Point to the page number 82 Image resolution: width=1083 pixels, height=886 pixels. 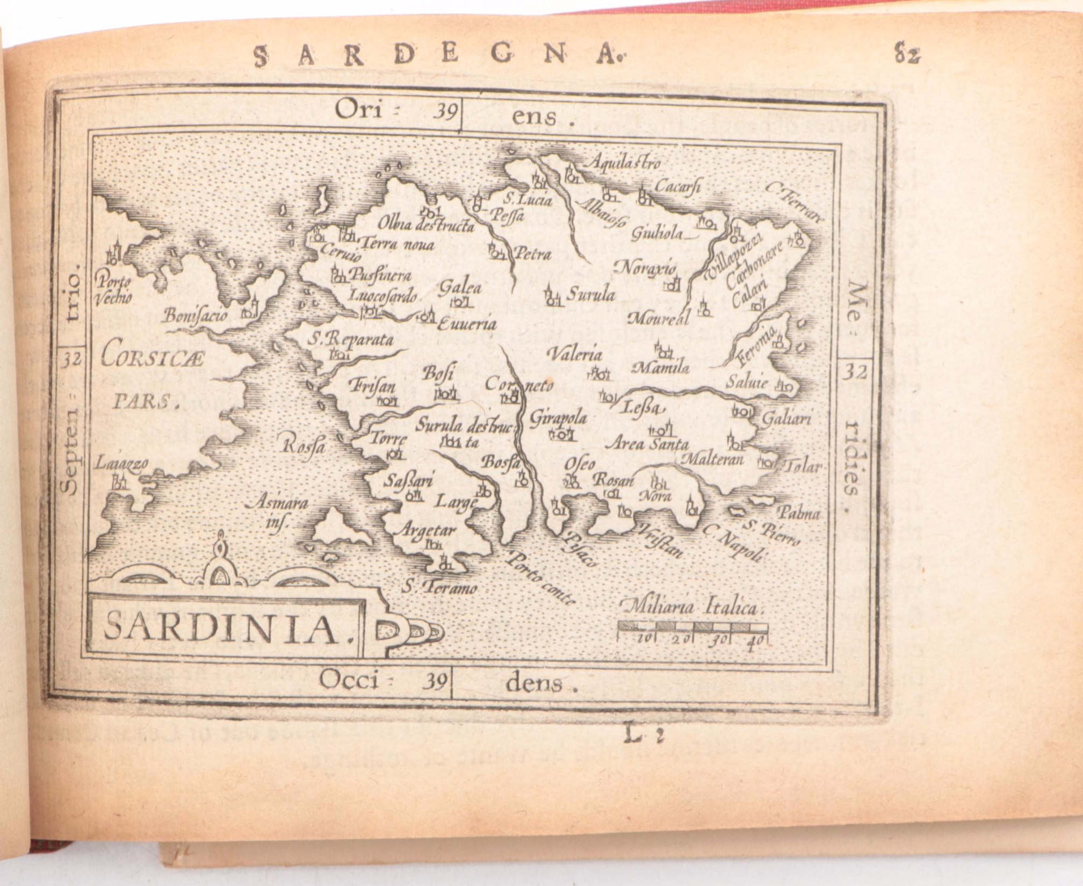click(x=907, y=55)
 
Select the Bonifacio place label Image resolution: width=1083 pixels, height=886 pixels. click(x=196, y=315)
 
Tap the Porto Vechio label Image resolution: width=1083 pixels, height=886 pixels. click(x=114, y=290)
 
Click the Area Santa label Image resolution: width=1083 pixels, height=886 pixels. click(x=647, y=444)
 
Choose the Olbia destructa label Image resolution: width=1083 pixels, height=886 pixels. click(x=425, y=224)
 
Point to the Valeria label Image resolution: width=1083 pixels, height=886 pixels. click(x=574, y=354)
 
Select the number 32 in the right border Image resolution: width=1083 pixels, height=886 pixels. click(x=854, y=372)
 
